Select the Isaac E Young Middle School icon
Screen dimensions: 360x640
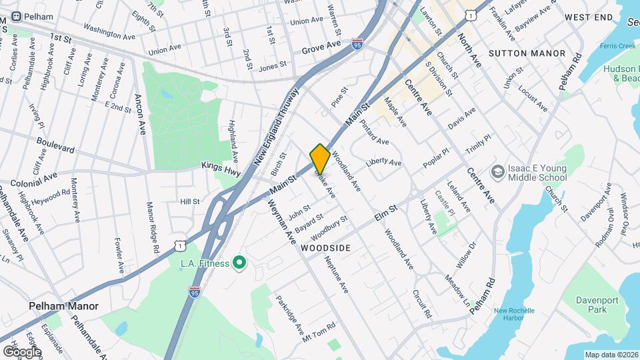point(497,173)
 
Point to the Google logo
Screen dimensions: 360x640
point(21,351)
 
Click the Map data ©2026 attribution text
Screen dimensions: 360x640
point(611,355)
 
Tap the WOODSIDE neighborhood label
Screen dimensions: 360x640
point(325,247)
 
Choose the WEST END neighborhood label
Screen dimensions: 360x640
point(588,17)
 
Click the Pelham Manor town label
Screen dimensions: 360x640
point(64,307)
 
